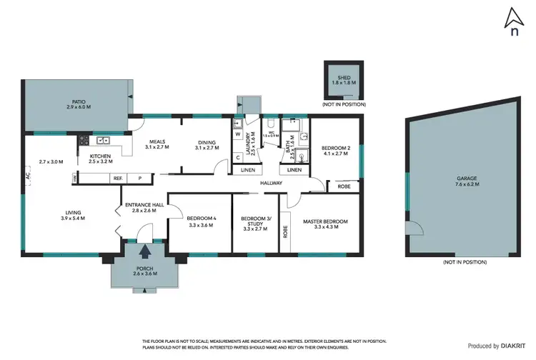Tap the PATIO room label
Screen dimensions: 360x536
pyautogui.click(x=79, y=104)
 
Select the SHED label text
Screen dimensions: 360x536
pyautogui.click(x=339, y=80)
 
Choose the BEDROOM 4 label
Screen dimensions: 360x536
pyautogui.click(x=201, y=221)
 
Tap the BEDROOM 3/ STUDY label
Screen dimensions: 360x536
pyautogui.click(x=255, y=224)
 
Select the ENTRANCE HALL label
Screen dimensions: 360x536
pyautogui.click(x=145, y=207)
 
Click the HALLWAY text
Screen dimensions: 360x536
pyautogui.click(x=271, y=184)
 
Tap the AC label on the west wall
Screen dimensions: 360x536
pyautogui.click(x=26, y=175)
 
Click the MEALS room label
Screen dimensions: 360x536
pyautogui.click(x=157, y=144)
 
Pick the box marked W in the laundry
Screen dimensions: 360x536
pyautogui.click(x=237, y=132)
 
